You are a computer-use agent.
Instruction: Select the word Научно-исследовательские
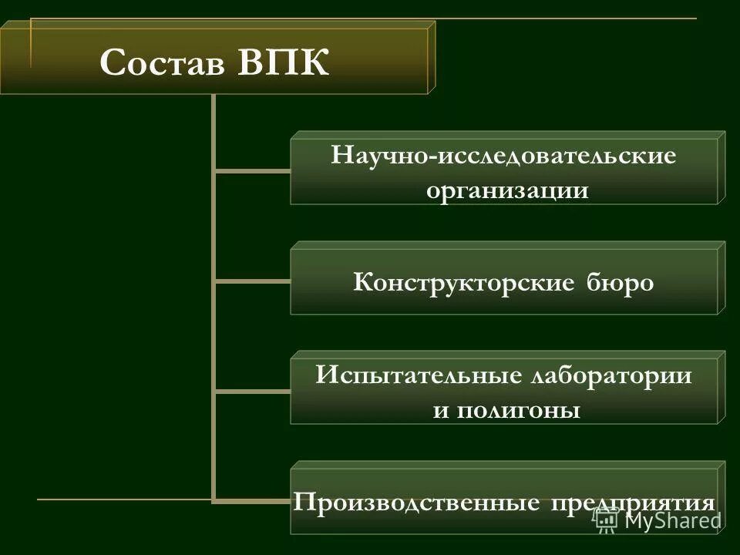pos(503,156)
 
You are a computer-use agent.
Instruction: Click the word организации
pos(507,190)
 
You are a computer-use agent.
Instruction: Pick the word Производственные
pos(415,503)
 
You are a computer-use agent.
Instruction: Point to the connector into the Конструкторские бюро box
pos(253,281)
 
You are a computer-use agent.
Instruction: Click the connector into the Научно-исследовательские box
pos(253,170)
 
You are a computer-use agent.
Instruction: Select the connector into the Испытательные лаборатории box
pos(253,391)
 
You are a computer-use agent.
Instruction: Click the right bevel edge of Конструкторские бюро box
pos(721,277)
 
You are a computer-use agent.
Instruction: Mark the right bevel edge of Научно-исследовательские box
pos(721,167)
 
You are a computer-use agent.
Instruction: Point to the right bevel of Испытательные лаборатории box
pos(721,388)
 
